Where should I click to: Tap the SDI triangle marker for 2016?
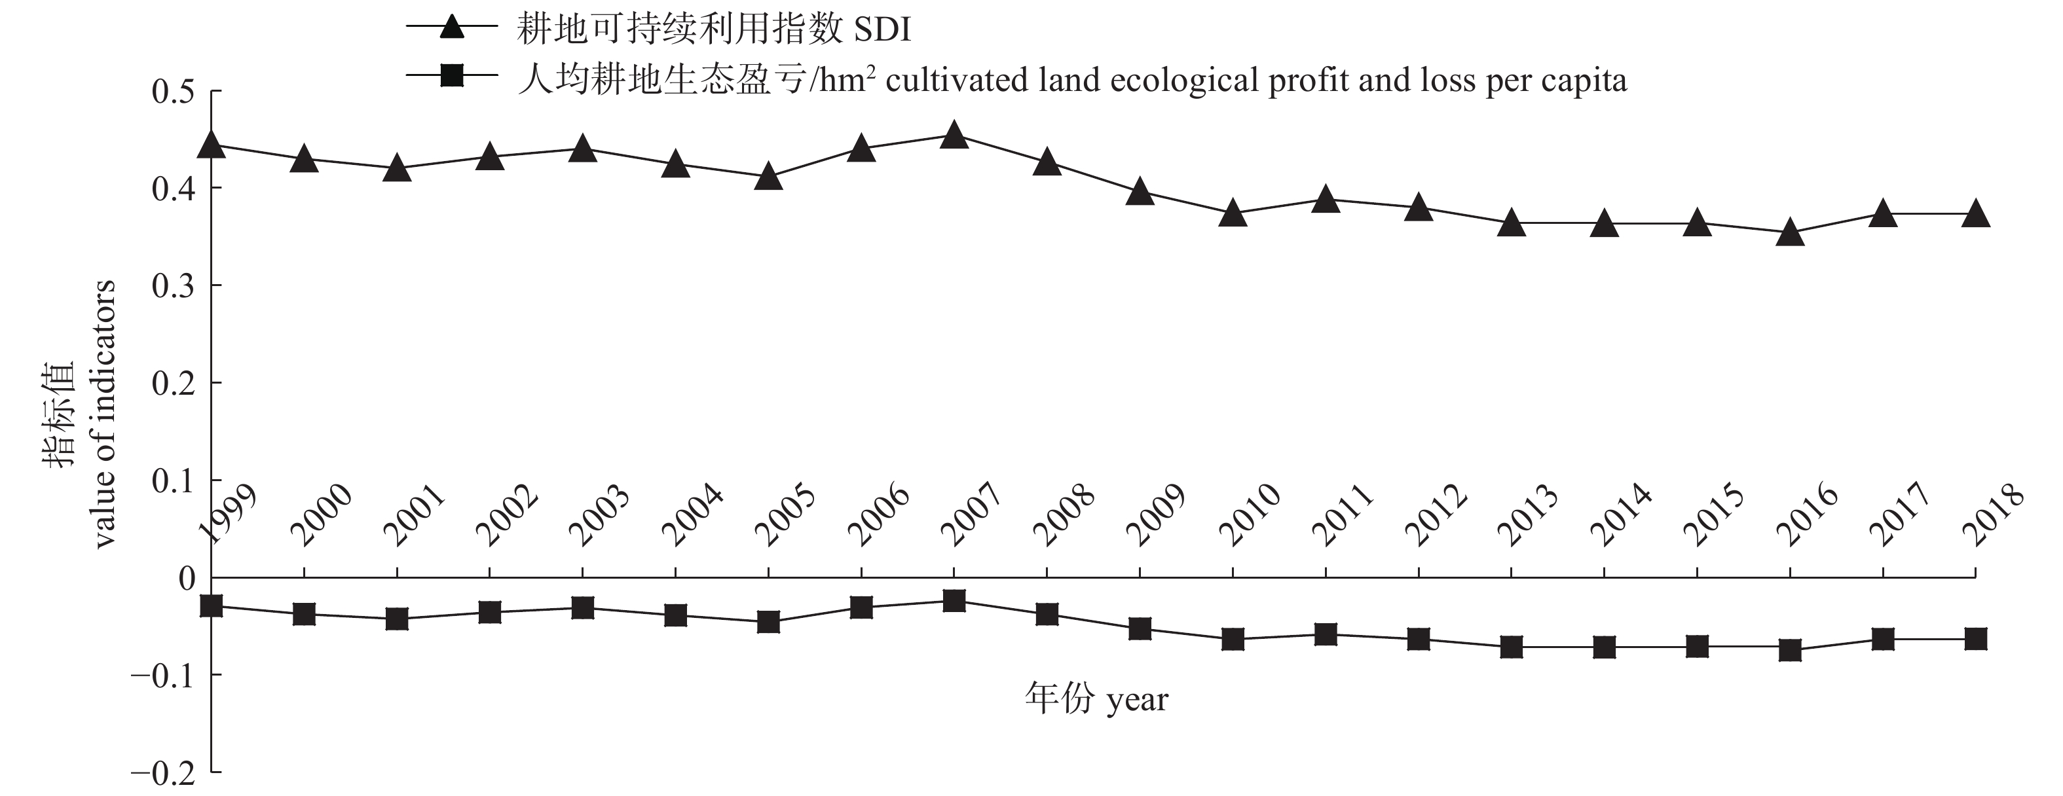coord(1790,234)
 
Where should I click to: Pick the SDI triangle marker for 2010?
coord(1233,215)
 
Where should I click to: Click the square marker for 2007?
coord(954,601)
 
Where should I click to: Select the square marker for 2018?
coord(1976,639)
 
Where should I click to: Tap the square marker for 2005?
coord(769,621)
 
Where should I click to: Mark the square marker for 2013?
coord(1511,646)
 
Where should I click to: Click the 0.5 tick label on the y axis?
coord(173,91)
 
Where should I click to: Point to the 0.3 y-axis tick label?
coord(173,286)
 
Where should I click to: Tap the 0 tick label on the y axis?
coord(187,578)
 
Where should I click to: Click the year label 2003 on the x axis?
coord(599,516)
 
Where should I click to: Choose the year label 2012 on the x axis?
coord(1436,516)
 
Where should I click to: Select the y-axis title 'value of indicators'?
coord(104,413)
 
